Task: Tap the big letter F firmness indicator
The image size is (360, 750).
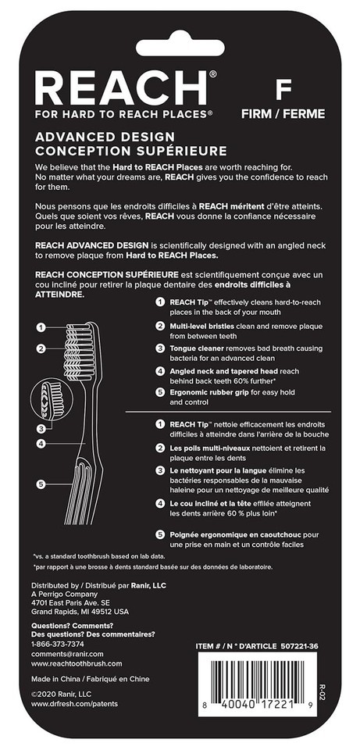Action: tap(283, 89)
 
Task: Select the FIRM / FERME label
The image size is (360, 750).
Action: tap(283, 114)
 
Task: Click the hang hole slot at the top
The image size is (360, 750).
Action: tap(180, 48)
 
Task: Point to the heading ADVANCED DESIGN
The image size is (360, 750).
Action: tap(105, 137)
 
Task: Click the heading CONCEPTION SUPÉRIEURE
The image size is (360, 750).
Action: tap(131, 151)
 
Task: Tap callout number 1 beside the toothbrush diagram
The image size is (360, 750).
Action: tap(41, 327)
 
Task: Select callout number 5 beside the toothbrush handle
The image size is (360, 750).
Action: tap(41, 484)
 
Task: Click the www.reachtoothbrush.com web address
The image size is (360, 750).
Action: tap(77, 663)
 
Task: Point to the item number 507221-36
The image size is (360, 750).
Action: tap(299, 646)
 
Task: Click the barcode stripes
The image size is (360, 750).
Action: tap(258, 678)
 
